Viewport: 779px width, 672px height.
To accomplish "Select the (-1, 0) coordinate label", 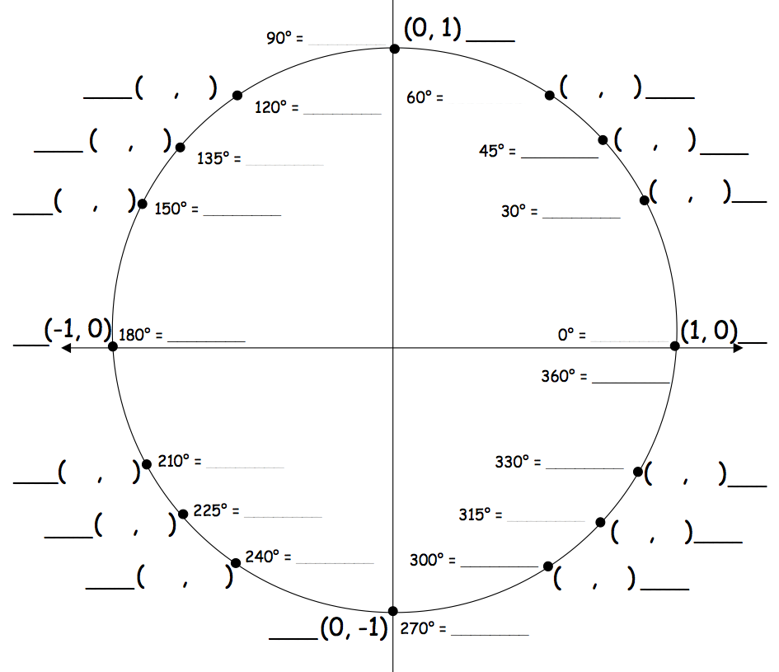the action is pyautogui.click(x=78, y=329).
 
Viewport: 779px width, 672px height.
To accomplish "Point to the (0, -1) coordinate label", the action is pyautogui.click(x=354, y=627).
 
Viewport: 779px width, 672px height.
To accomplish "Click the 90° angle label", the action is pyautogui.click(x=284, y=38).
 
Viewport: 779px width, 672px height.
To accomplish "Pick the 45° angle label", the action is pyautogui.click(x=497, y=151).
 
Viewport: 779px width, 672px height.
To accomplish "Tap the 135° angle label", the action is pyautogui.click(x=219, y=158).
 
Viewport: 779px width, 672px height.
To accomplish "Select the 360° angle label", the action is pyautogui.click(x=565, y=376).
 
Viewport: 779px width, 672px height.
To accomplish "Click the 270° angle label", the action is pyautogui.click(x=423, y=629).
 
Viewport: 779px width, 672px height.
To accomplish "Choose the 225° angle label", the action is pyautogui.click(x=216, y=510).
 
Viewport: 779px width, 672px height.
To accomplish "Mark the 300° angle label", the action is pyautogui.click(x=432, y=560).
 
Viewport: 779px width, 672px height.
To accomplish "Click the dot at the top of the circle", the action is pyautogui.click(x=395, y=49).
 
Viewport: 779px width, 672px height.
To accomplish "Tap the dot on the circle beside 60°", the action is pyautogui.click(x=550, y=96).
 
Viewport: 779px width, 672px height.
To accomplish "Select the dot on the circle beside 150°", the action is pyautogui.click(x=142, y=204).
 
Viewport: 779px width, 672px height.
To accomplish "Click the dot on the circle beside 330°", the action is pyautogui.click(x=638, y=472).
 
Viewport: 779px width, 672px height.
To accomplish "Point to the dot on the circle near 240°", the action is pyautogui.click(x=236, y=563).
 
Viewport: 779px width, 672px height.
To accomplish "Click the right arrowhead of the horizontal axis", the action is pyautogui.click(x=739, y=348).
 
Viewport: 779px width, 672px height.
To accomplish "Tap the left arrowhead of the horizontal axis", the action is pyautogui.click(x=66, y=348).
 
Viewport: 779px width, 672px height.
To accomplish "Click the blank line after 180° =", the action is pyautogui.click(x=206, y=341).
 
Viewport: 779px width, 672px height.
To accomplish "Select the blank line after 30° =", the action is pyautogui.click(x=581, y=217).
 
